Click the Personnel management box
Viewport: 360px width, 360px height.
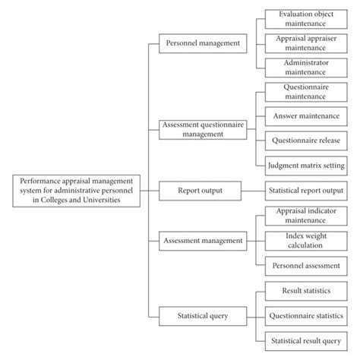pyautogui.click(x=203, y=44)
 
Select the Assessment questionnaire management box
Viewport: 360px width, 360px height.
pyautogui.click(x=203, y=128)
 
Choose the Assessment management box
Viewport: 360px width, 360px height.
pyautogui.click(x=203, y=241)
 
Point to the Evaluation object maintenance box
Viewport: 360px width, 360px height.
pyautogui.click(x=305, y=18)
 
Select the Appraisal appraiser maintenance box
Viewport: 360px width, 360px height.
pyautogui.click(x=305, y=43)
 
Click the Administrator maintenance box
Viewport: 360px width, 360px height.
pyautogui.click(x=305, y=68)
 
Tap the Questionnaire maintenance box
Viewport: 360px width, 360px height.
pyautogui.click(x=305, y=93)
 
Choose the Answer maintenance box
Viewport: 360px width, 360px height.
pyautogui.click(x=305, y=116)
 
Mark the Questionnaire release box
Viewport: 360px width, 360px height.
pyautogui.click(x=305, y=141)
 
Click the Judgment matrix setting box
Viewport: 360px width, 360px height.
pyautogui.click(x=305, y=165)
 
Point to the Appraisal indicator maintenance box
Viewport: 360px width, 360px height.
pyautogui.click(x=305, y=215)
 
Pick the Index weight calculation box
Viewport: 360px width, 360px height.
pyautogui.click(x=305, y=240)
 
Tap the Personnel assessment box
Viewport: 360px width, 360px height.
pyautogui.click(x=305, y=265)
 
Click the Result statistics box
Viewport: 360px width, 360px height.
pyautogui.click(x=305, y=289)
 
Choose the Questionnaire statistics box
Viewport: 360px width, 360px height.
pyautogui.click(x=305, y=314)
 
